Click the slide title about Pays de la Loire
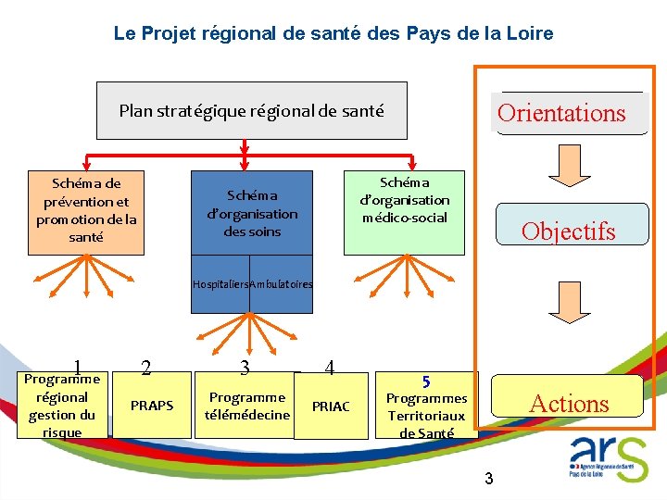point(333,33)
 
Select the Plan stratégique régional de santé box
point(251,111)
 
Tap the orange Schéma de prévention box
point(86,211)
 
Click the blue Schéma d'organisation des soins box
point(252,214)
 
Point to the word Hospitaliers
point(220,284)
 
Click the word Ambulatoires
point(282,284)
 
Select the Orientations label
point(561,114)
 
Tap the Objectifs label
point(568,231)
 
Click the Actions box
point(567,403)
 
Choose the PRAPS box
point(152,406)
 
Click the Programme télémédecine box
point(247,406)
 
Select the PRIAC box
point(331,406)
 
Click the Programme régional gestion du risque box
point(62,406)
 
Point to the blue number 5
point(426,381)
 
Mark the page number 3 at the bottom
point(489,479)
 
